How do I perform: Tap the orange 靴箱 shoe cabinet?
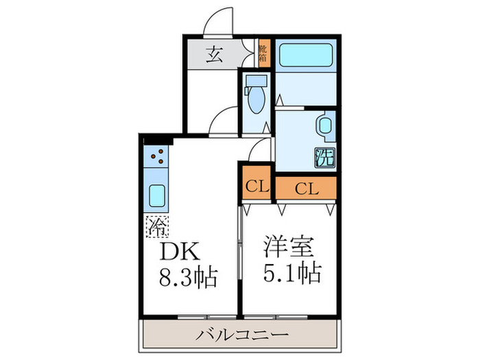tap(264, 54)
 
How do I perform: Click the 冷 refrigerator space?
tap(155, 224)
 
